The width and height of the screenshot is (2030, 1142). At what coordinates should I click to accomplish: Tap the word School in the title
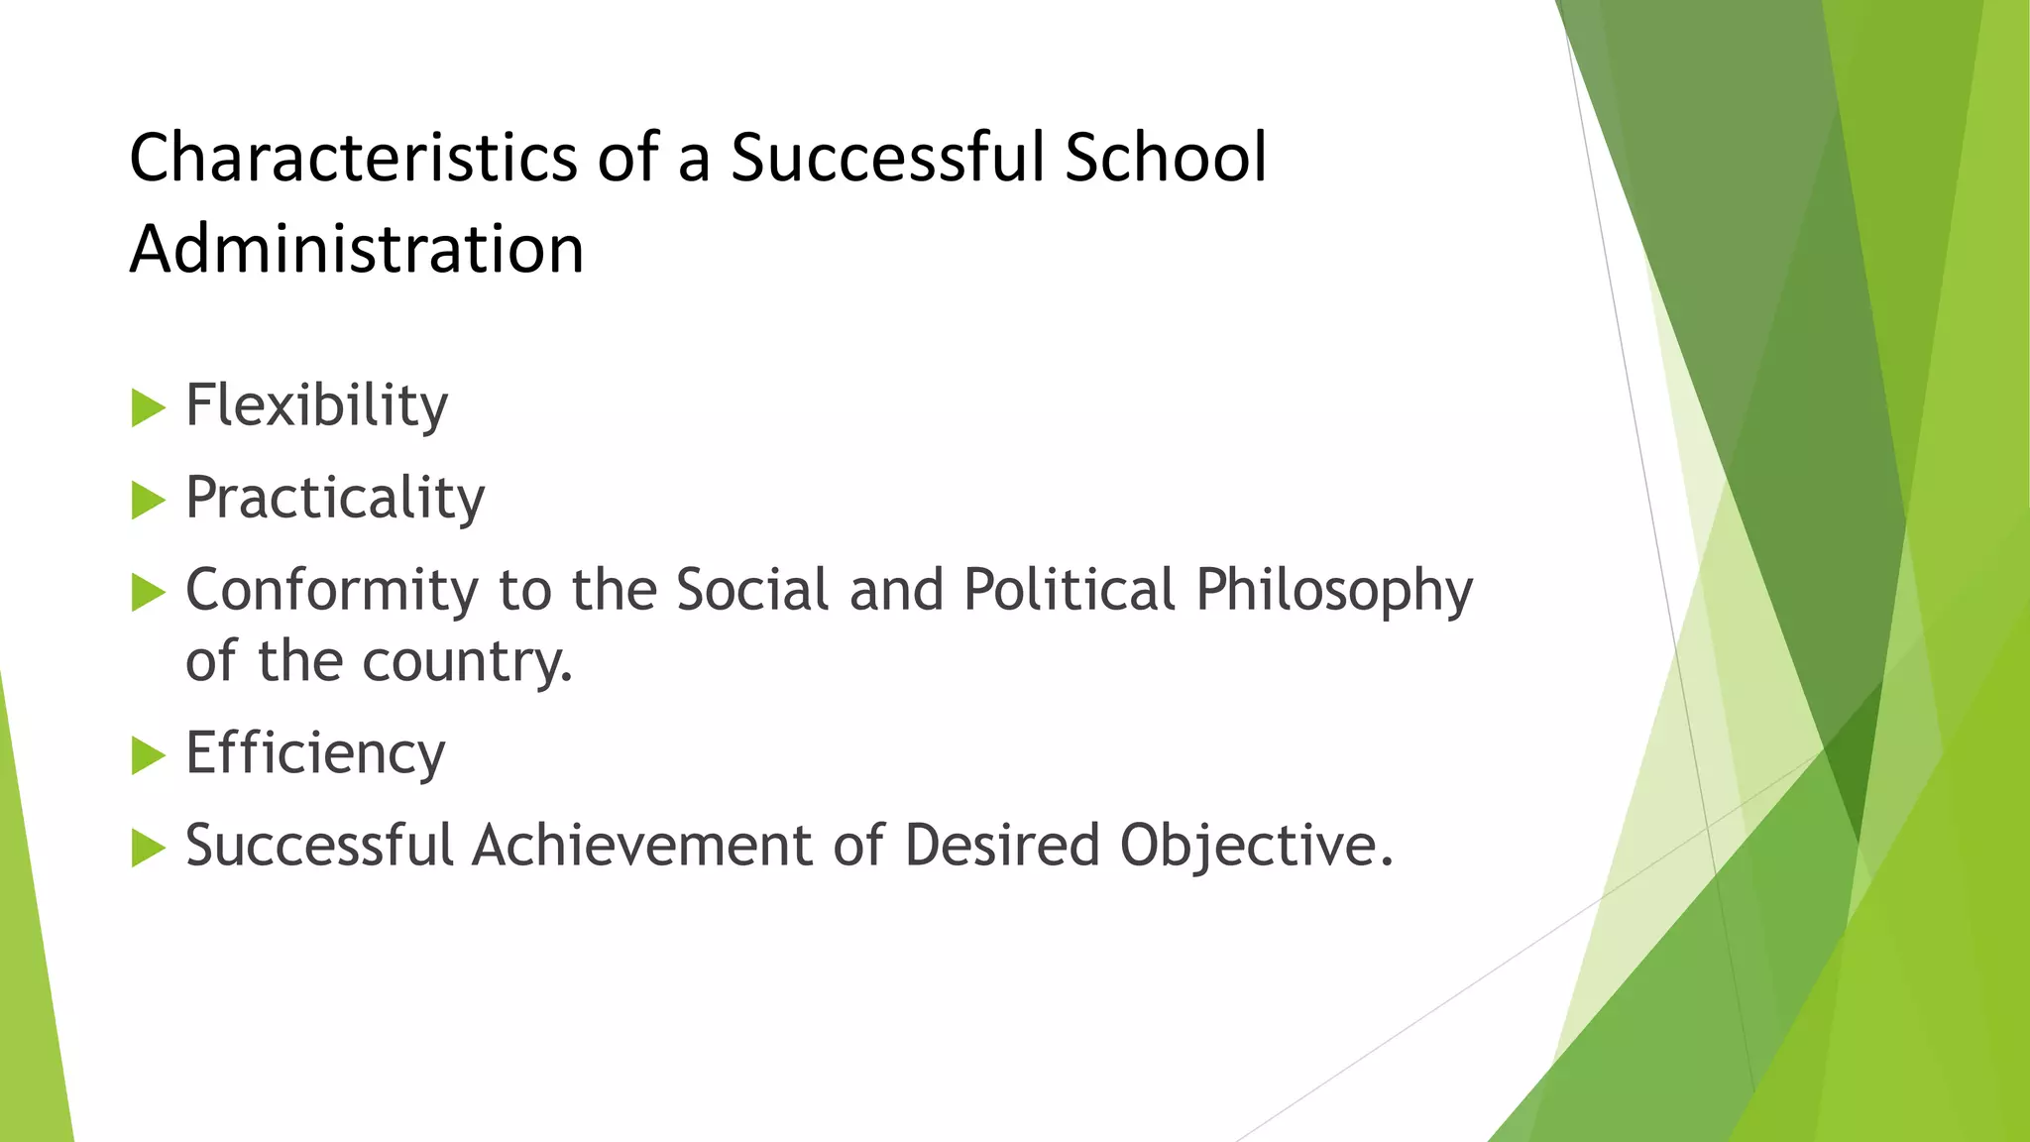point(1166,158)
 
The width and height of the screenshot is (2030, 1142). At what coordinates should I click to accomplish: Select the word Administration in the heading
point(357,249)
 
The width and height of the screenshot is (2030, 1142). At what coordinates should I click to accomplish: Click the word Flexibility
point(317,406)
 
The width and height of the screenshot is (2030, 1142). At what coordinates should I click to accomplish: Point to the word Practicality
point(335,499)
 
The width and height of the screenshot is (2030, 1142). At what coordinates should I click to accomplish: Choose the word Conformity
point(332,591)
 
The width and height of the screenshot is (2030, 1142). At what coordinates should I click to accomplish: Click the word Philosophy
point(1334,591)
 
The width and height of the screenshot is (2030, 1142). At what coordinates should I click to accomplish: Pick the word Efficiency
point(315,754)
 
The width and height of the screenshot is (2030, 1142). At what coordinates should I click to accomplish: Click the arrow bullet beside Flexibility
point(148,408)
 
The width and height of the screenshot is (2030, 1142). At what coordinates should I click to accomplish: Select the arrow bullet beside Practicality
point(148,501)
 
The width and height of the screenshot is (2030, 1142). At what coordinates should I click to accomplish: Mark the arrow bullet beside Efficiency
point(148,756)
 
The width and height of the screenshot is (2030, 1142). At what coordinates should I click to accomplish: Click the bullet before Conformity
point(148,593)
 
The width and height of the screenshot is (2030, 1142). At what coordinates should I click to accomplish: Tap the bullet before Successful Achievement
point(148,849)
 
